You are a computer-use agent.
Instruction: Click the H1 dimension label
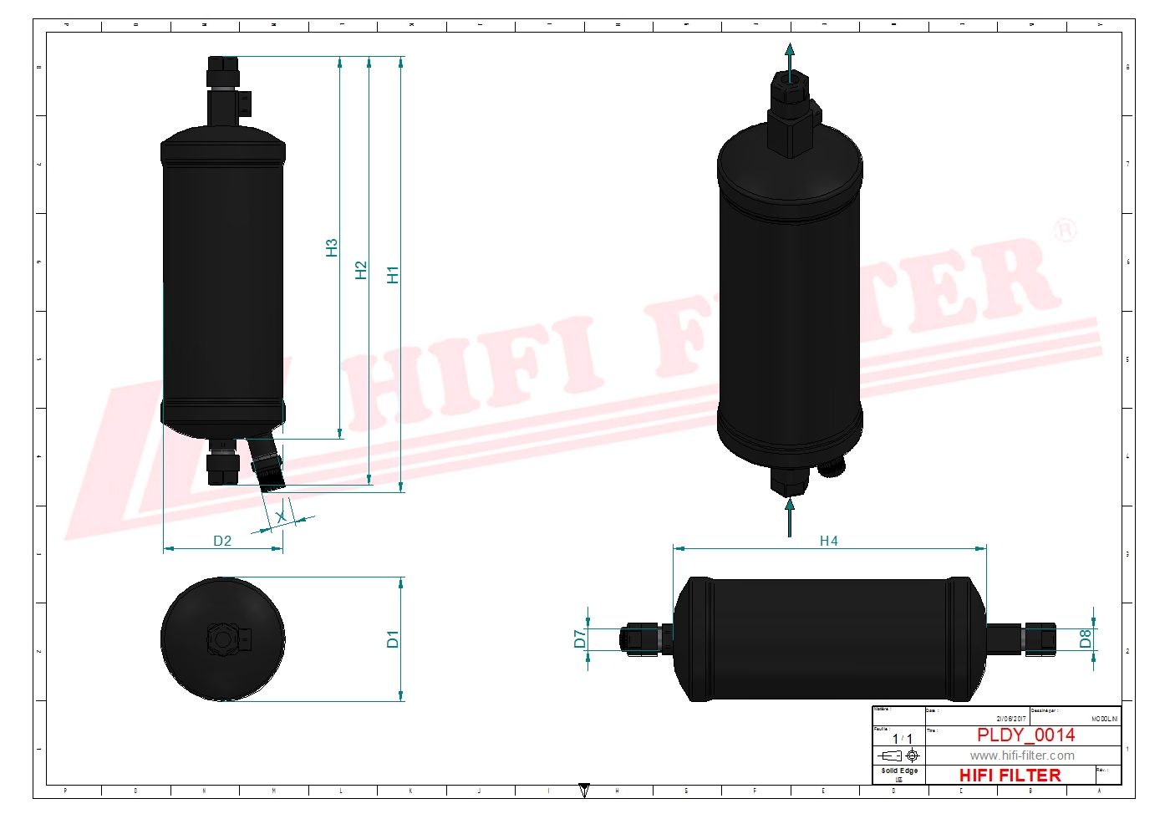tap(393, 274)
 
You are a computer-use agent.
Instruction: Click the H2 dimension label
tap(361, 270)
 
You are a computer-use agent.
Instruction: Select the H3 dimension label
tap(332, 247)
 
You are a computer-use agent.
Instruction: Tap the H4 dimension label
tap(828, 541)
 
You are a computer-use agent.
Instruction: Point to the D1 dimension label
tap(393, 639)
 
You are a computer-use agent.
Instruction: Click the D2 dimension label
tap(222, 541)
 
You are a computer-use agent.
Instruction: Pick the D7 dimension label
tap(580, 639)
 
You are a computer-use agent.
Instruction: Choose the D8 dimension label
tap(1085, 639)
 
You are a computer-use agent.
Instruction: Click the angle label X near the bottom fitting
tap(281, 517)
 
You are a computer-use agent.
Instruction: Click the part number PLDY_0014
tap(1025, 735)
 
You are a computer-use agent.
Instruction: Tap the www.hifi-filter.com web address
tap(1021, 755)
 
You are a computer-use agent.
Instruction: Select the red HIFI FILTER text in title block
tap(1010, 776)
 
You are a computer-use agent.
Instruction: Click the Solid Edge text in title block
tap(899, 771)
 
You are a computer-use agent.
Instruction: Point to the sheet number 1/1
tap(902, 739)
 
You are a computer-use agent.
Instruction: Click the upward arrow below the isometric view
tap(790, 516)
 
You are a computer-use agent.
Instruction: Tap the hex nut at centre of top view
tap(222, 639)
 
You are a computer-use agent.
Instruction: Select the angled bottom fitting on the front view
tap(267, 465)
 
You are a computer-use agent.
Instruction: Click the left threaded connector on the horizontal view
tap(640, 639)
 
